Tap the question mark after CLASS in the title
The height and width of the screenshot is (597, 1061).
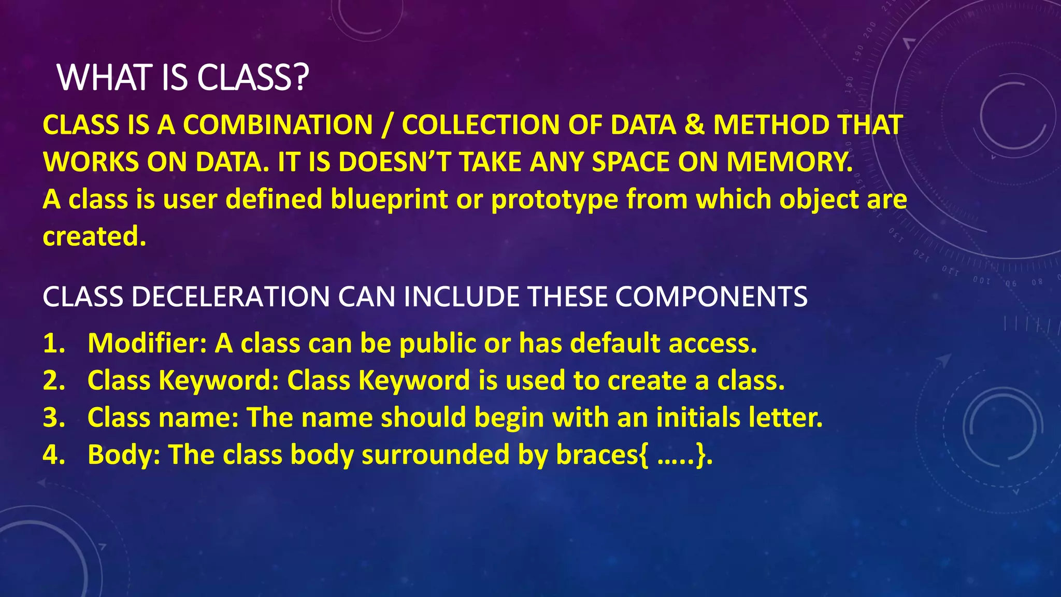pos(300,78)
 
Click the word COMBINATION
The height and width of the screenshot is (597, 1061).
pos(278,125)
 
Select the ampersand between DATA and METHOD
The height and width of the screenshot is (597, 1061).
pos(694,125)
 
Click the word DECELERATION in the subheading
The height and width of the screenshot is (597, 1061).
pos(231,297)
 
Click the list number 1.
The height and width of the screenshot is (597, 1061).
pos(53,344)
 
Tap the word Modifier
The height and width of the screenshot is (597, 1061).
pos(147,343)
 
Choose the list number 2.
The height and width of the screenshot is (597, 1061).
pos(54,380)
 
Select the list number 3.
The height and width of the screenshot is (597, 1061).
pos(54,418)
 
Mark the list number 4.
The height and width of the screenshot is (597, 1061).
pos(54,454)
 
